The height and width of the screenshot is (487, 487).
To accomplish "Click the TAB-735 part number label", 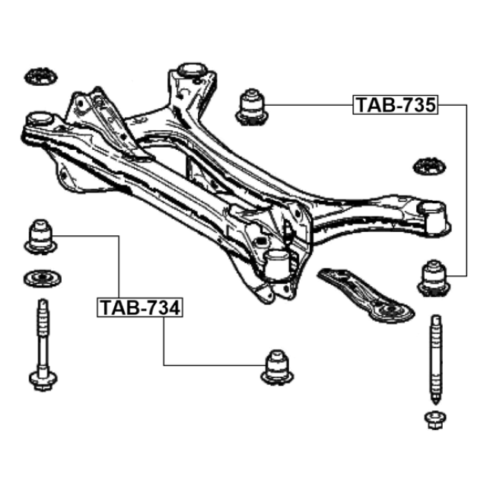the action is tap(396, 105).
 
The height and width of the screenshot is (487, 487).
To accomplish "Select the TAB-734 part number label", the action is tap(140, 307).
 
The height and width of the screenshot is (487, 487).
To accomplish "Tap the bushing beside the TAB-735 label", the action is tap(252, 107).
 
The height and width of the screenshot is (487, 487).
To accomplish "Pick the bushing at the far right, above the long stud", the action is tap(434, 278).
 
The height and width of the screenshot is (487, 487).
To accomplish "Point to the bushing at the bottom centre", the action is tap(277, 368).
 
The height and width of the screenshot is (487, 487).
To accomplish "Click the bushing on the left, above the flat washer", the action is tap(40, 237).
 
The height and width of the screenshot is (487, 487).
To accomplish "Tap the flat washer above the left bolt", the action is tap(43, 279).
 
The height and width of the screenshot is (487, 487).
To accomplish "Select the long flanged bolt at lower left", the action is tap(43, 345).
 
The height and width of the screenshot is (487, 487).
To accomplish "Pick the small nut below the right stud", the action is tap(435, 421).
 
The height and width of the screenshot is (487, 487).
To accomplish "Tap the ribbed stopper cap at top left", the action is tap(40, 76).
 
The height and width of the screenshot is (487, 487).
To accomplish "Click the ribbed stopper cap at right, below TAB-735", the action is tap(429, 166).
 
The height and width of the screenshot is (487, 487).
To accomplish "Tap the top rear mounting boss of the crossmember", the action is tap(192, 71).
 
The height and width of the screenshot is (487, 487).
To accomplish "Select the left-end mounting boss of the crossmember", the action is tap(39, 119).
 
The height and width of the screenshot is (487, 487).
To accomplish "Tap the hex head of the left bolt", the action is tap(43, 381).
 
